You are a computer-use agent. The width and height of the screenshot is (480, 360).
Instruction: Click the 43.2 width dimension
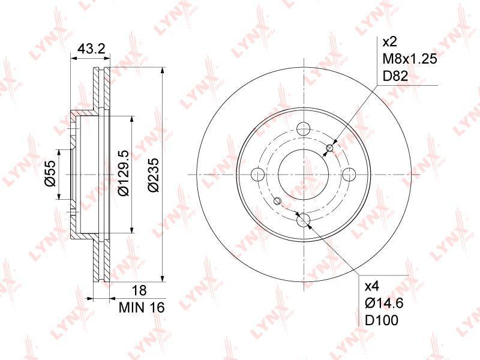[x=91, y=49]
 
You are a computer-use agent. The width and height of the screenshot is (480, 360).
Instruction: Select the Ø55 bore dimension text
[x=50, y=174]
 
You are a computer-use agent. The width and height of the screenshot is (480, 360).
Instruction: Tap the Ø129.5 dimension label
[x=124, y=173]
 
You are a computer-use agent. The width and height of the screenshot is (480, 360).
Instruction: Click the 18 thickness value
[x=140, y=290]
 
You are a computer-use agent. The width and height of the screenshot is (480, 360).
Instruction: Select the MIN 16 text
[x=142, y=307]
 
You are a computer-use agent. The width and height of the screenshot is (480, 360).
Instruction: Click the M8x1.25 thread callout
[x=410, y=58]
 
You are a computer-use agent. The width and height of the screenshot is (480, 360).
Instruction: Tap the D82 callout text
[x=395, y=76]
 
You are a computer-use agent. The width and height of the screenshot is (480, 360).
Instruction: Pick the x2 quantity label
[x=389, y=41]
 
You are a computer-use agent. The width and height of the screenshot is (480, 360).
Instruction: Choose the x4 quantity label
[x=372, y=286]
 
